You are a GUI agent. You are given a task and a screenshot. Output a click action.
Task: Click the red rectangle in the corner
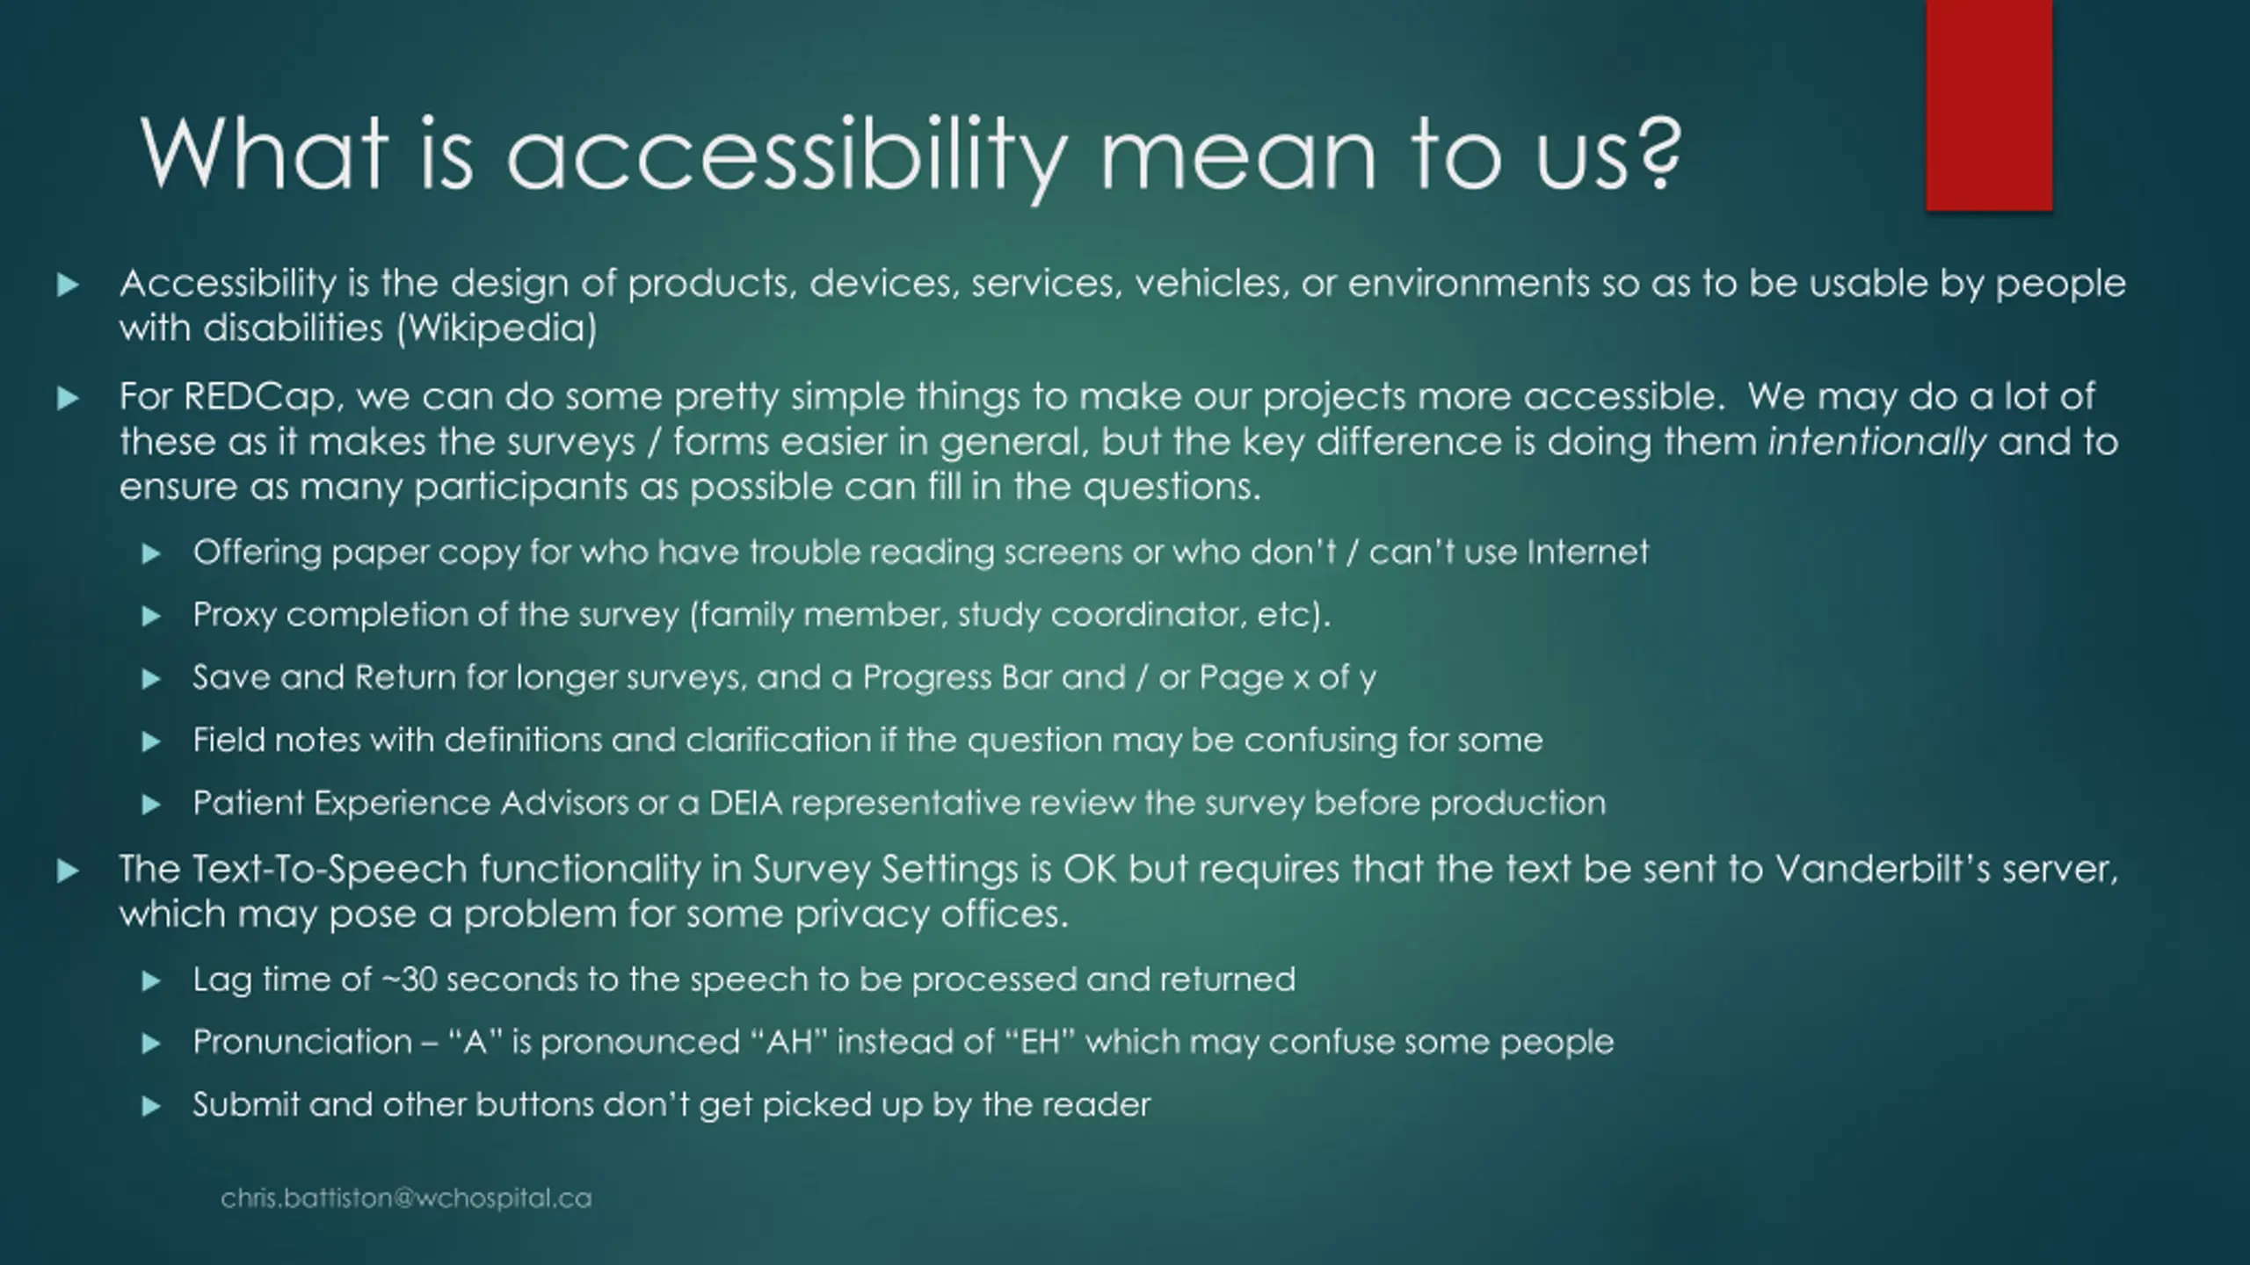coord(1989,105)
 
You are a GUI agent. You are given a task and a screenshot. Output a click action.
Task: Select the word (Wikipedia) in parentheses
coord(497,329)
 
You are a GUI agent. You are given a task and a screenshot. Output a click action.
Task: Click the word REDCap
coord(261,397)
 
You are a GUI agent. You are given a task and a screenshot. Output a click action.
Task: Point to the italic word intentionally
coord(1876,442)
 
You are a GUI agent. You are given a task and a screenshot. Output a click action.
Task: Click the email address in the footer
coord(406,1198)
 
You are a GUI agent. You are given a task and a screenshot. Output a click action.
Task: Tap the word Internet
coord(1588,552)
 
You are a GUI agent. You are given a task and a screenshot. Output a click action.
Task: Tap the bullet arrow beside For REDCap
coord(68,399)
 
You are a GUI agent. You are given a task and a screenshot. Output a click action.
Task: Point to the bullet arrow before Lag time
coord(151,981)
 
